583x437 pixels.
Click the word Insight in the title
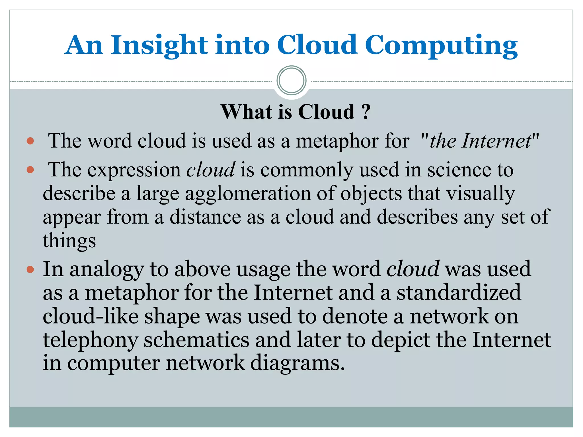[159, 46]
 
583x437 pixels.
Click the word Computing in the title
[441, 46]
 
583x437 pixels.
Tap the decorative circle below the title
[291, 80]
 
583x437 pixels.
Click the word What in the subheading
[247, 112]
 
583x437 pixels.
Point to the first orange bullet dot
[30, 141]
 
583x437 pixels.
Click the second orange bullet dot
[30, 170]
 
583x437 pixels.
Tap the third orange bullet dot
[30, 269]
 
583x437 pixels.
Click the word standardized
[459, 292]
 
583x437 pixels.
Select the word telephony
[91, 341]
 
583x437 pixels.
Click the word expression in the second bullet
[134, 170]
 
